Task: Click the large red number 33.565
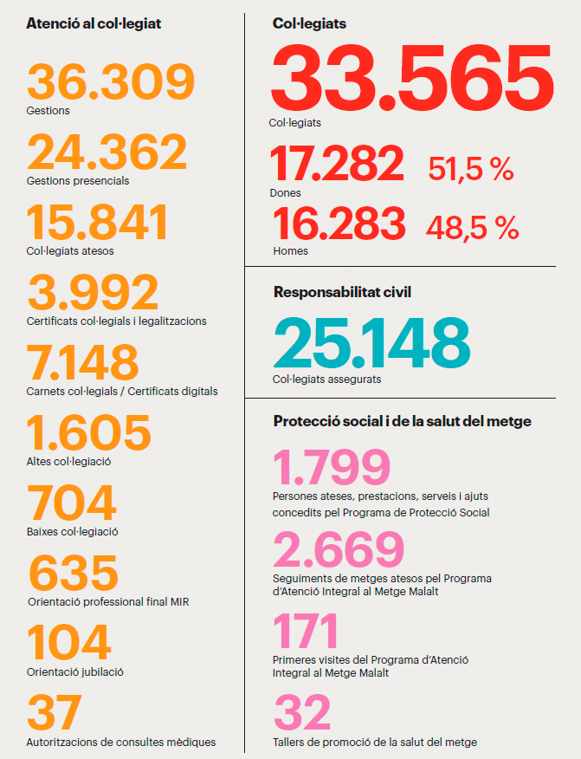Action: pyautogui.click(x=412, y=80)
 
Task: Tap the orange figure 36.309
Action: pyautogui.click(x=111, y=81)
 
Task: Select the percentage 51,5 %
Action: pyautogui.click(x=471, y=169)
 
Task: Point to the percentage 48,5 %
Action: pyautogui.click(x=472, y=228)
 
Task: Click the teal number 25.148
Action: pyautogui.click(x=371, y=343)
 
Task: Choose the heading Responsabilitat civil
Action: pyautogui.click(x=342, y=292)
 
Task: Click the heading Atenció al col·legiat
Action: pyautogui.click(x=94, y=23)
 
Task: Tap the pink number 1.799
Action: pyautogui.click(x=332, y=468)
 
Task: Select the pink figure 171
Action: pyautogui.click(x=306, y=631)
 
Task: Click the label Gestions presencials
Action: pyautogui.click(x=78, y=181)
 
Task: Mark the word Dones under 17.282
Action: pyautogui.click(x=286, y=192)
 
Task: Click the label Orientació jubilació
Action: pyautogui.click(x=76, y=671)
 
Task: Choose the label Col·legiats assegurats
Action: pyautogui.click(x=326, y=379)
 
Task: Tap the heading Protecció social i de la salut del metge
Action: pyautogui.click(x=402, y=421)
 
